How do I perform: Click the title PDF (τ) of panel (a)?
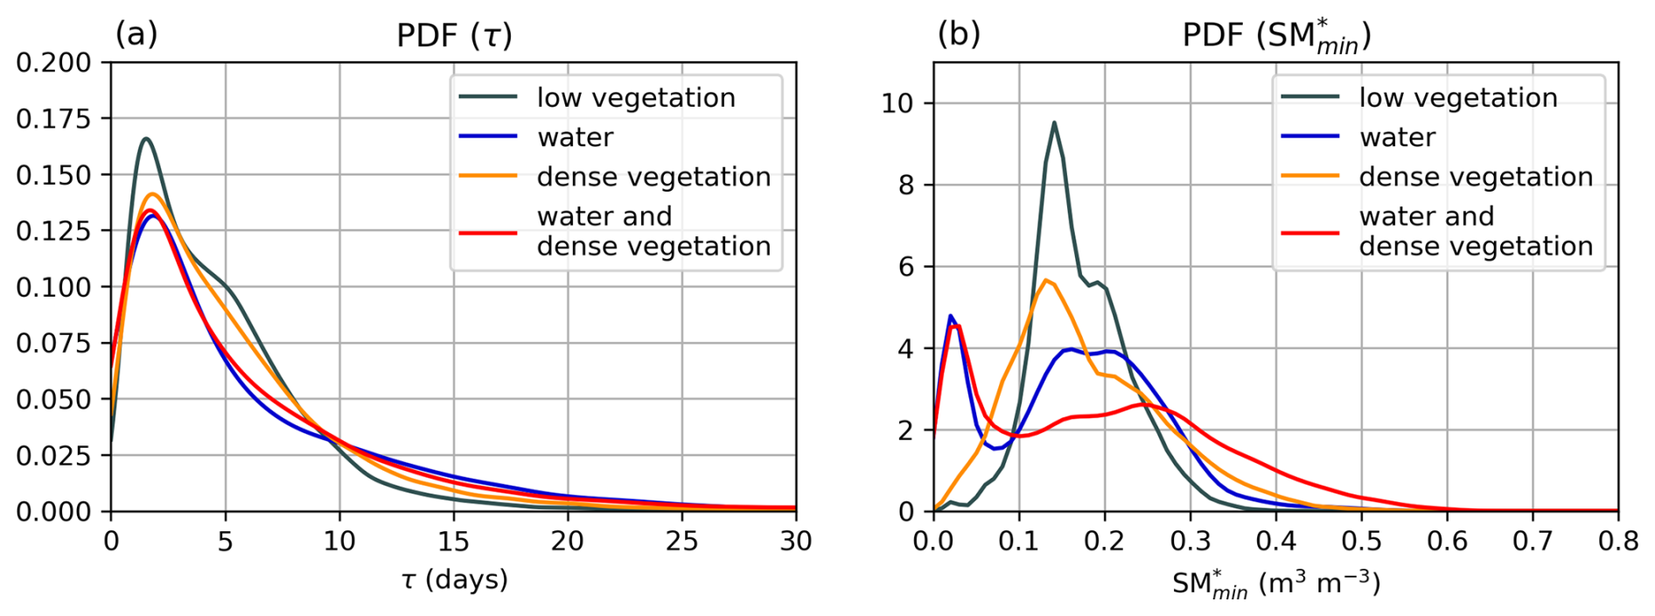(454, 35)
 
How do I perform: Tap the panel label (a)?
(136, 33)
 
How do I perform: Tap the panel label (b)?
(959, 33)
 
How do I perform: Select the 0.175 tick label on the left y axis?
(53, 119)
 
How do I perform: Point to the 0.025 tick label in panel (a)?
(53, 456)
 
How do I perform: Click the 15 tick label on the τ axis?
(453, 542)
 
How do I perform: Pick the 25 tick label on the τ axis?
(681, 542)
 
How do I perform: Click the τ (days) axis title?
(454, 579)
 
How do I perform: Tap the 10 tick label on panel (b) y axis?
(897, 104)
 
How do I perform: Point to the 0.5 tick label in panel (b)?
(1361, 542)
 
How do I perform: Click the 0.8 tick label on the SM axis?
(1618, 542)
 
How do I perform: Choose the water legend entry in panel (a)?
(575, 137)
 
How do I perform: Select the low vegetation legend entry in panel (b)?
(1458, 98)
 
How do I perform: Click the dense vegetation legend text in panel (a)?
(653, 177)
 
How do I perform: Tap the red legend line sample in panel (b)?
(1310, 233)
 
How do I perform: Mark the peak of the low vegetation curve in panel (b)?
(1054, 122)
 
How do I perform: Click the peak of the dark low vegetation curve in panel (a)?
(145, 138)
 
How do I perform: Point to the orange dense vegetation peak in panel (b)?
(1045, 280)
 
